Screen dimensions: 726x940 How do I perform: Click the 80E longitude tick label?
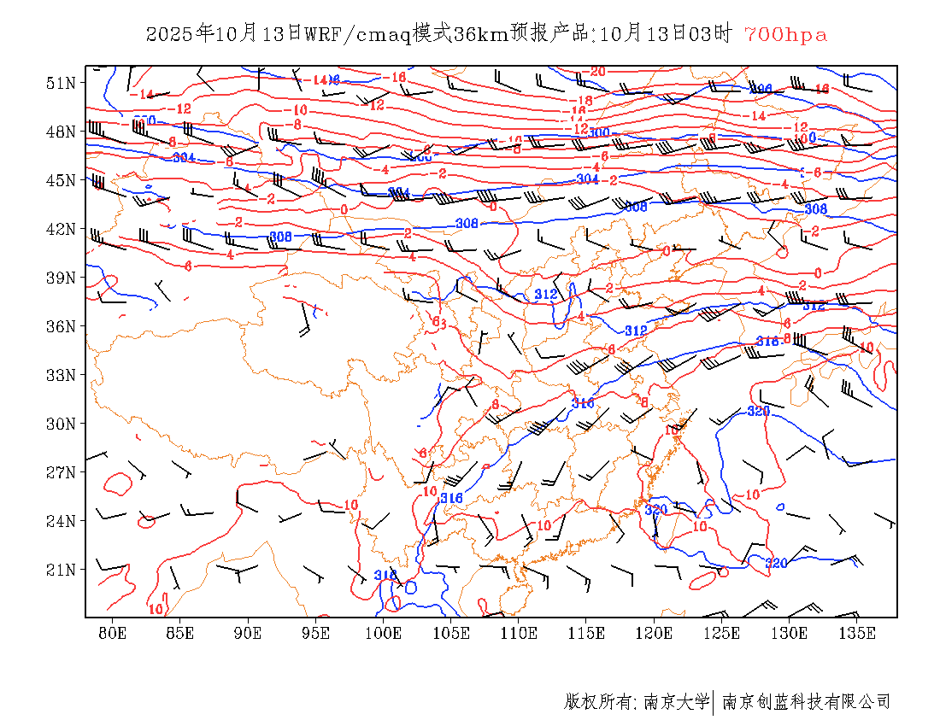click(x=113, y=633)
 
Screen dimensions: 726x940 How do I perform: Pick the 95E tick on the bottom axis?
click(x=316, y=633)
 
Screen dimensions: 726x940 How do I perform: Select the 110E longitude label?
click(x=519, y=633)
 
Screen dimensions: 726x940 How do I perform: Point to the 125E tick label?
click(x=722, y=633)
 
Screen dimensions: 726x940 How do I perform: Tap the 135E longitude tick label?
click(x=857, y=633)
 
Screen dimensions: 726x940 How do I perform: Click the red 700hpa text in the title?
click(x=785, y=34)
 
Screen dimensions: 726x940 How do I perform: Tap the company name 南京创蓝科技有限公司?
click(x=807, y=702)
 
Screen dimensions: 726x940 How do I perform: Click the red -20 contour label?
click(x=596, y=72)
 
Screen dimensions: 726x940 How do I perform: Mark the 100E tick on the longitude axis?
click(x=384, y=633)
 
